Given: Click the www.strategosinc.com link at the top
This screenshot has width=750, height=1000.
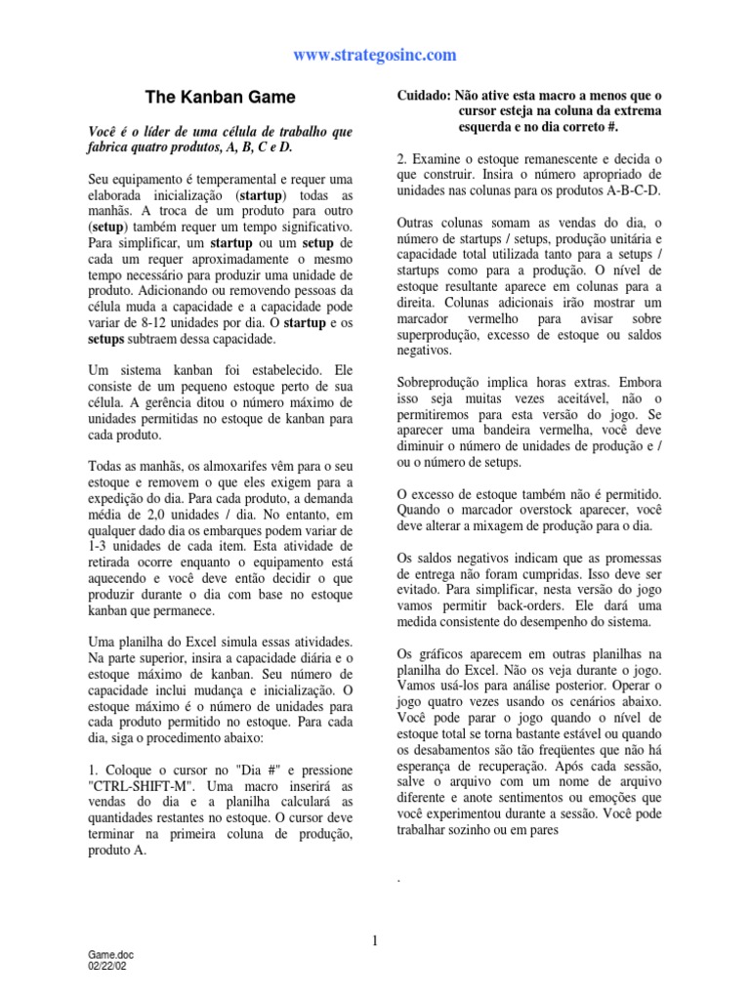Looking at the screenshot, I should [x=375, y=55].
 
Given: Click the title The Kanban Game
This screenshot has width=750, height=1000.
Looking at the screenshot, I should [x=220, y=98].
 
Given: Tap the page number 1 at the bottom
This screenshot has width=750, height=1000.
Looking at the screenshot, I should [x=375, y=940].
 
